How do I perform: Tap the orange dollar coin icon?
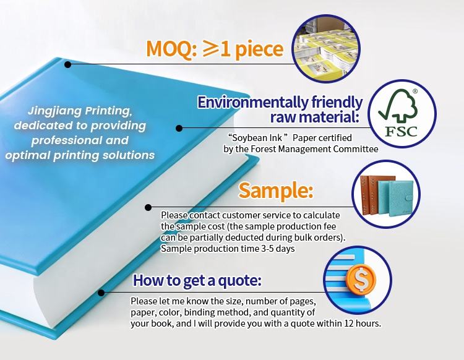click(x=361, y=278)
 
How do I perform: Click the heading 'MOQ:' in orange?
click(x=171, y=49)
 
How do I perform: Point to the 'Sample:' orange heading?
click(x=276, y=190)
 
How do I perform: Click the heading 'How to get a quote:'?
click(x=197, y=280)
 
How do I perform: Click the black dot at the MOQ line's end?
click(x=68, y=64)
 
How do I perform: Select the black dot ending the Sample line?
click(x=148, y=207)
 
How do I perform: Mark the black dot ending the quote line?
click(x=101, y=293)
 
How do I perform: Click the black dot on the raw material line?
click(x=179, y=128)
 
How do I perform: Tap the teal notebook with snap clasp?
click(x=401, y=198)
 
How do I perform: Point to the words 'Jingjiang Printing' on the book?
click(x=80, y=111)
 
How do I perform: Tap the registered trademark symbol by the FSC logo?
click(x=415, y=91)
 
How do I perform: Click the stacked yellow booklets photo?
click(x=326, y=49)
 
